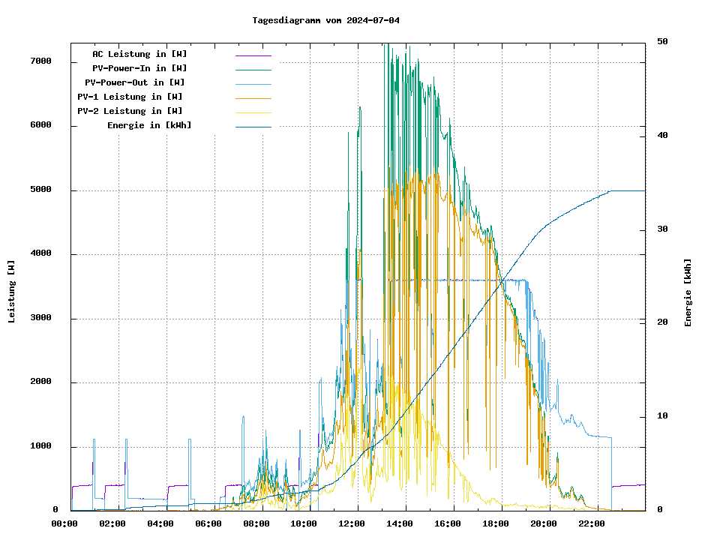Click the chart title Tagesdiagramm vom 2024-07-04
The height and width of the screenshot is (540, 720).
(325, 20)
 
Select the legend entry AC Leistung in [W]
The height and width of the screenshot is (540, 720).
(139, 54)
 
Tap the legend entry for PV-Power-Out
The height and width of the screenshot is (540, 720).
(136, 82)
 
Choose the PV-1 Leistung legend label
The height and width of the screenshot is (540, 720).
(130, 97)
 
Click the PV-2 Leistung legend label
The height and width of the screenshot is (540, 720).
(130, 111)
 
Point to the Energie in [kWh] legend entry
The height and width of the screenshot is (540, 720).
(149, 125)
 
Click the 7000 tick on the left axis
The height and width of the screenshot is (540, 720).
(40, 61)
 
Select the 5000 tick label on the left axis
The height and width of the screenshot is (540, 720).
(40, 190)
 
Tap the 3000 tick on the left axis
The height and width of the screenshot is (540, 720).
(40, 318)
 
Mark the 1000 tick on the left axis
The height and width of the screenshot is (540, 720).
(40, 446)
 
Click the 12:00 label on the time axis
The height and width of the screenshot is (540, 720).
(352, 523)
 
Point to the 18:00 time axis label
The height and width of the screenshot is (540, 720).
(495, 523)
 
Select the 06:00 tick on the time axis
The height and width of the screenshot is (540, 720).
(208, 523)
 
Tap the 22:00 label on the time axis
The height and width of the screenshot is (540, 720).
(591, 523)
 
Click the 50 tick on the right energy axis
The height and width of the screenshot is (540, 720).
(662, 41)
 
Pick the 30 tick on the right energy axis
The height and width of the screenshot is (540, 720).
(662, 229)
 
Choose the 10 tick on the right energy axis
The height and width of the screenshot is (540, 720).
(662, 416)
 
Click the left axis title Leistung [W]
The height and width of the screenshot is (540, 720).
(12, 292)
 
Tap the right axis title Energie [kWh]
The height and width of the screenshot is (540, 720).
(688, 292)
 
